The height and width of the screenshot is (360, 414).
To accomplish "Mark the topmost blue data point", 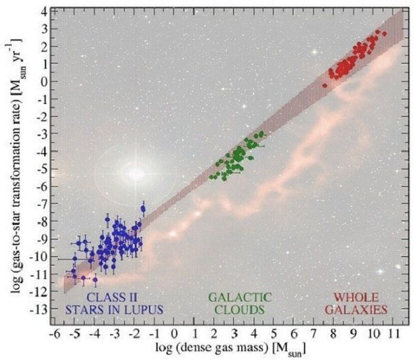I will point(143,209).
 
